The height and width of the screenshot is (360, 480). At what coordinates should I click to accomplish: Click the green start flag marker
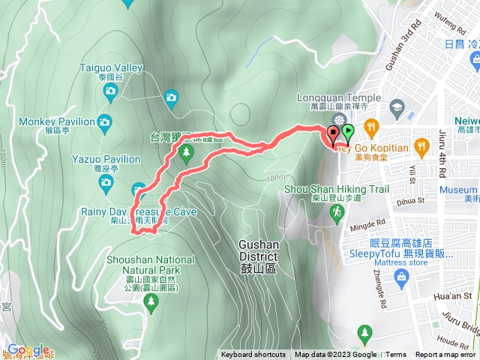[x=348, y=133]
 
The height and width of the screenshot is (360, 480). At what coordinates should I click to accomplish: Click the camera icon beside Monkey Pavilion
[x=105, y=121]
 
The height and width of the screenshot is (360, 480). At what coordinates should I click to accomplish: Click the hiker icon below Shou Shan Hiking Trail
[x=337, y=213]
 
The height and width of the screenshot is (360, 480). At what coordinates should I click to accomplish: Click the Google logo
[x=28, y=350]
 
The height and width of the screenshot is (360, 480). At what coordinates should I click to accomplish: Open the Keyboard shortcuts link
[x=253, y=355]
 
